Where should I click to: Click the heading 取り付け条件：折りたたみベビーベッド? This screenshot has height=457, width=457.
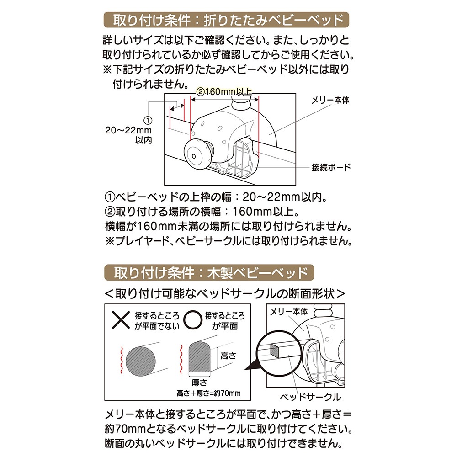click(x=227, y=20)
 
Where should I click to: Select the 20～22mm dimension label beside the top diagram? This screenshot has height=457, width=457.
click(x=128, y=130)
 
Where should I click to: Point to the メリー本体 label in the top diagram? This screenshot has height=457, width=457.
click(x=330, y=100)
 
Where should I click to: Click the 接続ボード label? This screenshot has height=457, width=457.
click(x=331, y=168)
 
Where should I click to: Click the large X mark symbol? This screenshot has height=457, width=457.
click(x=121, y=320)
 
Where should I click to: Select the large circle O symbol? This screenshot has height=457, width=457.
click(x=193, y=320)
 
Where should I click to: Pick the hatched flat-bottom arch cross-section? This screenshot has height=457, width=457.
click(x=200, y=357)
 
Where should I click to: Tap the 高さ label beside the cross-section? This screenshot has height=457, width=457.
click(x=228, y=356)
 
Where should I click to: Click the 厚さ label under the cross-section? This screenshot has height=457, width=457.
click(x=200, y=383)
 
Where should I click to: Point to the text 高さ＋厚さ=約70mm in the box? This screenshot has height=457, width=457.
click(x=209, y=393)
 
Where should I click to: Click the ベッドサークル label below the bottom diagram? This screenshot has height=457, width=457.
click(x=310, y=397)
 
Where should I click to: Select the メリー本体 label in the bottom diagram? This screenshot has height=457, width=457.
click(x=289, y=312)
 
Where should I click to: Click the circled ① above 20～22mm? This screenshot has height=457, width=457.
click(x=148, y=121)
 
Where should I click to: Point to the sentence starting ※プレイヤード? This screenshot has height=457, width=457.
click(x=229, y=241)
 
